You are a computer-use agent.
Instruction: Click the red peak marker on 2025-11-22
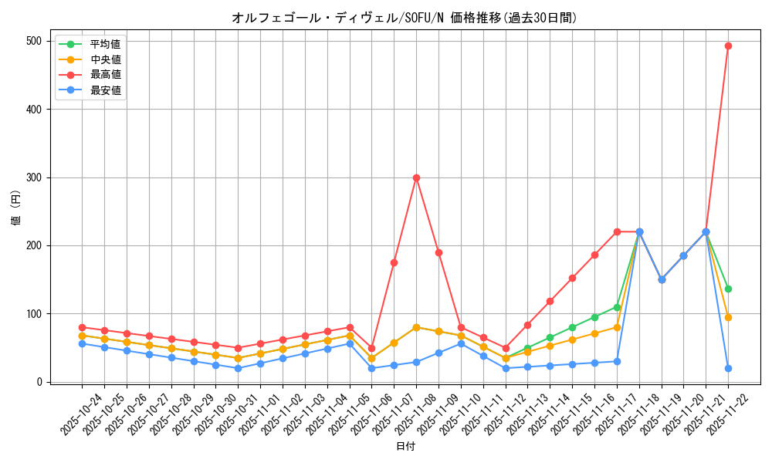coord(728,46)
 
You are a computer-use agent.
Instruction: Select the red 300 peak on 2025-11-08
coord(416,177)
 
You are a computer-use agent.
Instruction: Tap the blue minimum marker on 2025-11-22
coord(728,368)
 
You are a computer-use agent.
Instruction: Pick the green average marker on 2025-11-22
coord(728,289)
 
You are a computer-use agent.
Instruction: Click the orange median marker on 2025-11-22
coord(728,317)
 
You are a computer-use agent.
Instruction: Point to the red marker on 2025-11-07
coord(394,262)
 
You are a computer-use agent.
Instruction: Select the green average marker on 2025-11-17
coord(617,307)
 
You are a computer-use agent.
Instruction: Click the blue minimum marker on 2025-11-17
coord(617,361)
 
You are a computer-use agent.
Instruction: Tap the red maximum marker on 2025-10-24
coord(82,327)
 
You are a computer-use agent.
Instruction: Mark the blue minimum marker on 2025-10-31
coord(238,368)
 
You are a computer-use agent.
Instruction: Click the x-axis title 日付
coord(405,447)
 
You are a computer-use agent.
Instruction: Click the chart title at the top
coord(405,18)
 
